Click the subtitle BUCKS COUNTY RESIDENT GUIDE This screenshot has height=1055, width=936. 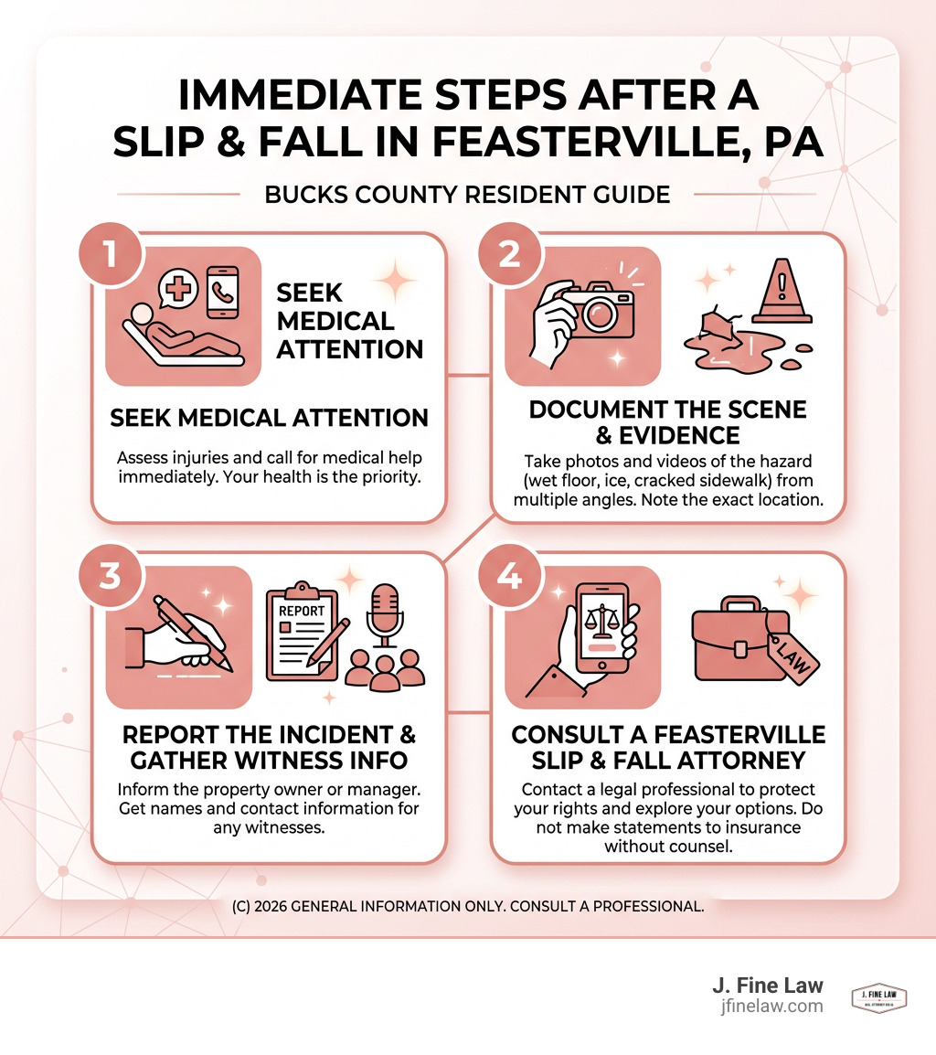pos(467,195)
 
